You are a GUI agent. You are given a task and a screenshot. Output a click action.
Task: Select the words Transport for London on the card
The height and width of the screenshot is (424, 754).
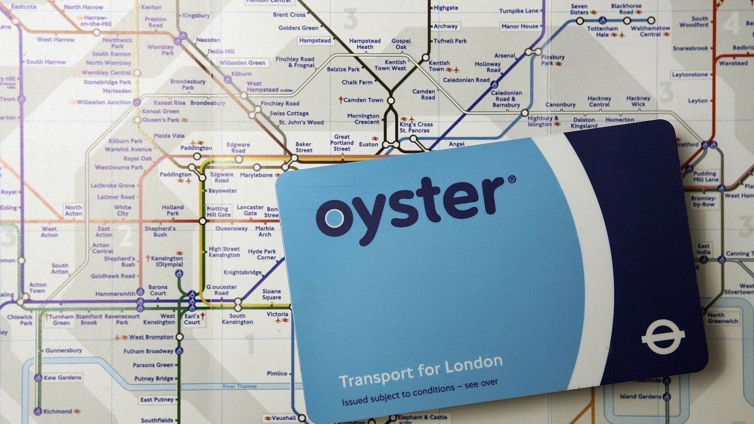tap(420, 371)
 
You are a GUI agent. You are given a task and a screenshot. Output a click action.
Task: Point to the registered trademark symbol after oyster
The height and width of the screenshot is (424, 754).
tap(512, 179)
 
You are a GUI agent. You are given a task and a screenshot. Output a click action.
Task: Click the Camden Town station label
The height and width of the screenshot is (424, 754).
tap(363, 100)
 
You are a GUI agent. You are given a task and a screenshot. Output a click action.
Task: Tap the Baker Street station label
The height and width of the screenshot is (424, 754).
tap(303, 147)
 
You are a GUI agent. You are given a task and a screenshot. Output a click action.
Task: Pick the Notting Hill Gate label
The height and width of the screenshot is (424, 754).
tap(218, 212)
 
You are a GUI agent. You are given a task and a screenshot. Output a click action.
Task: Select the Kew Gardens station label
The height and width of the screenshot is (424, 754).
tap(62, 377)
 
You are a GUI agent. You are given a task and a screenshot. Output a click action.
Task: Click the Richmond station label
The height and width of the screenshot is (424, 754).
tap(57, 411)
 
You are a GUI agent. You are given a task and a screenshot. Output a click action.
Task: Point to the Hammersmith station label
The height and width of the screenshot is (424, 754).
tap(115, 294)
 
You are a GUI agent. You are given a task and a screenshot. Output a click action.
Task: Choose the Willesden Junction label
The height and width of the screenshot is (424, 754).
tap(104, 102)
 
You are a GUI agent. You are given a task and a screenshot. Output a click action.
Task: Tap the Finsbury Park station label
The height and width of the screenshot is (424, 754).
tap(552, 60)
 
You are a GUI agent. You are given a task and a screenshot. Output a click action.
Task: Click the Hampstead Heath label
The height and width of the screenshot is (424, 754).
tap(365, 44)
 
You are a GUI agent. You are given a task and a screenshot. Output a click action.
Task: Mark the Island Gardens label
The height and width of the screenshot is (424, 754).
tap(640, 396)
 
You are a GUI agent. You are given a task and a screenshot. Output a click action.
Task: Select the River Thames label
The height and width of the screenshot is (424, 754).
tap(239, 386)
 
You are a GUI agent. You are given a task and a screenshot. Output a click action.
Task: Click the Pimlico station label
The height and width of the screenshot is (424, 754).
tap(277, 374)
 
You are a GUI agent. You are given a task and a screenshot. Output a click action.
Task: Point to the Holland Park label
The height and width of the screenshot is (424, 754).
tap(172, 210)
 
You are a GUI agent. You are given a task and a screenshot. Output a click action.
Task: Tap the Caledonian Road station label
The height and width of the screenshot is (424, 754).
tap(466, 80)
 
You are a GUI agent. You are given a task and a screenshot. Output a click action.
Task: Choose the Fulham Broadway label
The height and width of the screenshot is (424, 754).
tap(148, 351)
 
